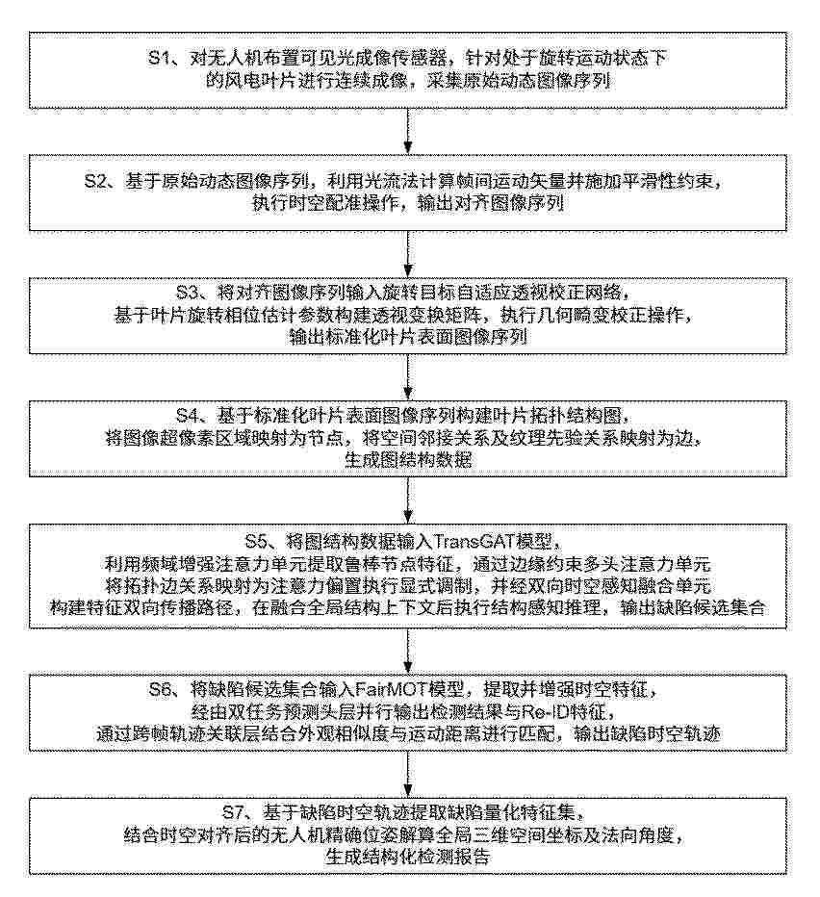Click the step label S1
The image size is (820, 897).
tap(159, 58)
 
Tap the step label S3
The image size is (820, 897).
tap(187, 293)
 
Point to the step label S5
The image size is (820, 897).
tap(256, 541)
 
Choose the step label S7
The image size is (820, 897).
tap(232, 812)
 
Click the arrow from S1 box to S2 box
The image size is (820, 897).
tap(408, 131)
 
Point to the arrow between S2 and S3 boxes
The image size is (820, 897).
tap(408, 254)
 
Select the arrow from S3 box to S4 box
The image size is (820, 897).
tap(408, 377)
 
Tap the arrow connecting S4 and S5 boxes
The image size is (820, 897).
tap(408, 500)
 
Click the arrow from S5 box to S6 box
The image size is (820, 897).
tap(408, 651)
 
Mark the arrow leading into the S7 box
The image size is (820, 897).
tap(408, 774)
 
